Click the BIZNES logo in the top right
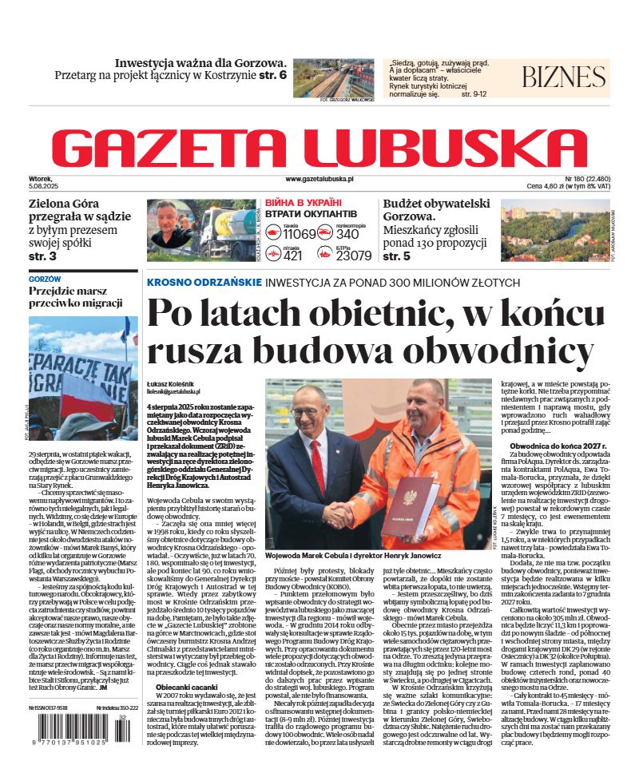pyautogui.click(x=564, y=77)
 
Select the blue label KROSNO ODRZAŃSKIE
pyautogui.click(x=204, y=283)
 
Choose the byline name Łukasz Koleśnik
pyautogui.click(x=170, y=383)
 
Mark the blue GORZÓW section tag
pyautogui.click(x=45, y=279)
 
